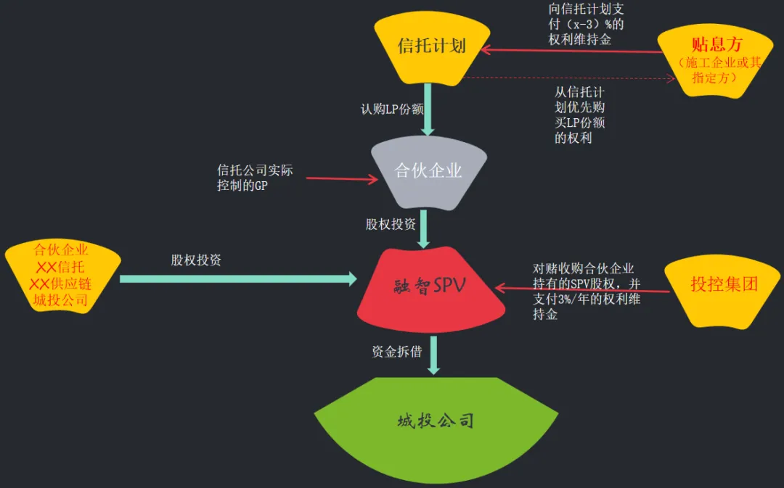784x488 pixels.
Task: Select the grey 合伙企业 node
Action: tap(428, 171)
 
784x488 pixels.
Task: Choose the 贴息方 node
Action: tap(716, 62)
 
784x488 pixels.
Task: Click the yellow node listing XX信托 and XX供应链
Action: tap(61, 276)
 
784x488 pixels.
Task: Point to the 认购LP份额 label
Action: tap(392, 109)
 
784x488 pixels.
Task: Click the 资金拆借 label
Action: tap(396, 352)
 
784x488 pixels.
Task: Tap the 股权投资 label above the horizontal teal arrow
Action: tap(196, 260)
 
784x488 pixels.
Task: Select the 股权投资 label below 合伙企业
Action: tap(391, 224)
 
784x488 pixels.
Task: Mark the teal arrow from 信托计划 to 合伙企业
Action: tap(428, 109)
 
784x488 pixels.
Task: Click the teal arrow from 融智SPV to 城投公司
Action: tap(433, 355)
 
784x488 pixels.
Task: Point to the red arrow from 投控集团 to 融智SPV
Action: tap(581, 289)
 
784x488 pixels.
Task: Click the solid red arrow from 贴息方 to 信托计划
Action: tap(573, 51)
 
